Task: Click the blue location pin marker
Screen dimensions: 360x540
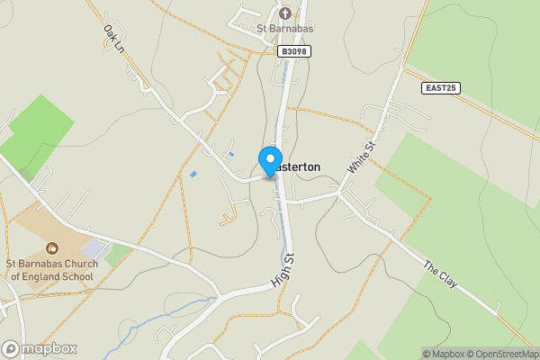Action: coord(270,161)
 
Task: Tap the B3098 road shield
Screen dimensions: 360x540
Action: coord(292,52)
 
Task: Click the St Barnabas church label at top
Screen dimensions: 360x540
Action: coord(285,30)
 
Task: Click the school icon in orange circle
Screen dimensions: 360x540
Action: coord(51,246)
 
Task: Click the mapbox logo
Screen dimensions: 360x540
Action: coord(40,348)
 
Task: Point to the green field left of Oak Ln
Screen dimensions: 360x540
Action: coord(36,135)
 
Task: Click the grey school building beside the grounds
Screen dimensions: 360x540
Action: coord(94,247)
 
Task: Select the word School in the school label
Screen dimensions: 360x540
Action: coord(74,276)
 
